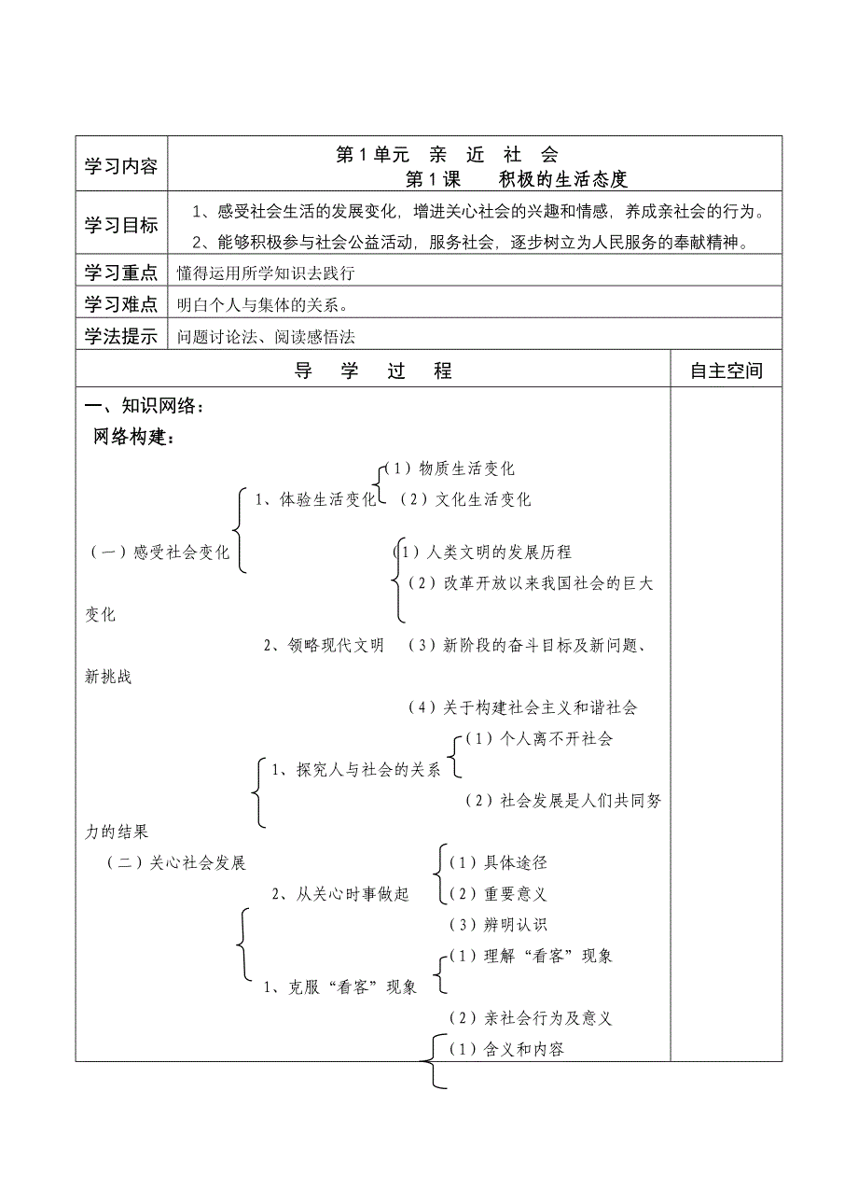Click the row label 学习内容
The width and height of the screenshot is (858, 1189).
(120, 166)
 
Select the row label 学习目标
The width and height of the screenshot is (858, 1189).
(120, 225)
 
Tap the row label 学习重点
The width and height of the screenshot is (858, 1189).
(120, 273)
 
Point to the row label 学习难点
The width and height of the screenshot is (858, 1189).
(120, 304)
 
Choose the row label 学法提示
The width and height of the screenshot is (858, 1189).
(120, 337)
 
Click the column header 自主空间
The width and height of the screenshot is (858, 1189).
(726, 371)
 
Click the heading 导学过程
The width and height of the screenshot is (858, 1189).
(373, 371)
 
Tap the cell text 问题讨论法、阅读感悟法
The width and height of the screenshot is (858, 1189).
(267, 337)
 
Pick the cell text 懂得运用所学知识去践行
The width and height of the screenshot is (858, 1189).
(267, 273)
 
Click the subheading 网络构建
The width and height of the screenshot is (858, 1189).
(134, 437)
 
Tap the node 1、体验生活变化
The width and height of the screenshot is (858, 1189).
(315, 499)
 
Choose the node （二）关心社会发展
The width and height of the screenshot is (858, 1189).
(176, 863)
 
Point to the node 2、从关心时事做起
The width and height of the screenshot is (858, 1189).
(339, 894)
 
